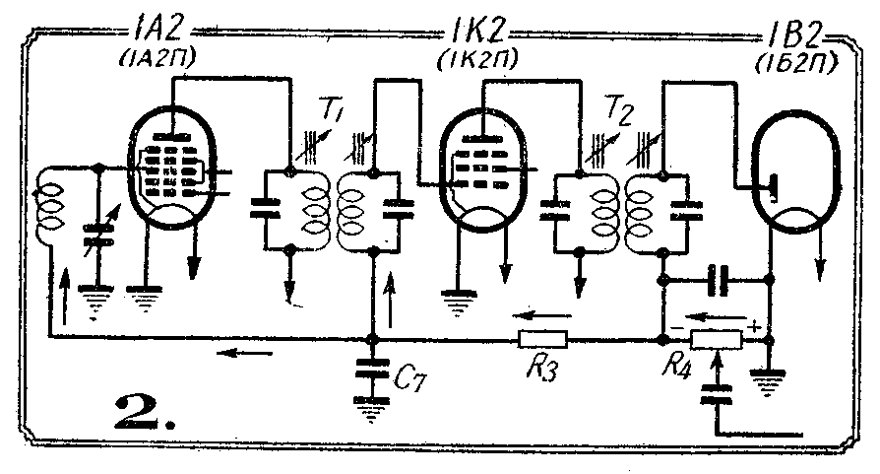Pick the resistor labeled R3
542,340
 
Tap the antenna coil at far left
49,208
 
